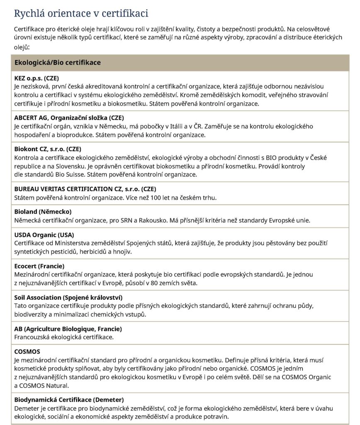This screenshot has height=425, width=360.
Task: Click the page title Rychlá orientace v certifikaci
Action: pos(81,13)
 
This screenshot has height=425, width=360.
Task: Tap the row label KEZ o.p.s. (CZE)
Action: pos(38,78)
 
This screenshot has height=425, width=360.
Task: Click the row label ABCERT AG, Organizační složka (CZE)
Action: pos(69,117)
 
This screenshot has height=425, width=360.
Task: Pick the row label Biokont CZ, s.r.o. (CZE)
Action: pos(48,149)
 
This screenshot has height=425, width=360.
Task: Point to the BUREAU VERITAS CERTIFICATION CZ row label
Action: pos(85,188)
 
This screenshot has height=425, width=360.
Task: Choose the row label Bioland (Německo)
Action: pos(43,212)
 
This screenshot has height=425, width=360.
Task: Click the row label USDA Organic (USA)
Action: pos(44,235)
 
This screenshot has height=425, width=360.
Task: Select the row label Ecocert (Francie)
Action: pos(39,266)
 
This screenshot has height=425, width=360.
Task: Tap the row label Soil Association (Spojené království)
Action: pos(68,297)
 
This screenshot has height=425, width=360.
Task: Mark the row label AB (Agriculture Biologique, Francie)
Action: pos(68,329)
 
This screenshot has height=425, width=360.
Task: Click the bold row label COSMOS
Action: pos(27,352)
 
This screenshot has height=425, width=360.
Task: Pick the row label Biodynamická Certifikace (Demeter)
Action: pos(69,400)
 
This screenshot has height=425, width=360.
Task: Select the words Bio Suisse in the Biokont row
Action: pos(61,174)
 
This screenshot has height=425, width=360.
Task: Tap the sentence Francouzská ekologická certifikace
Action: pos(64,337)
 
